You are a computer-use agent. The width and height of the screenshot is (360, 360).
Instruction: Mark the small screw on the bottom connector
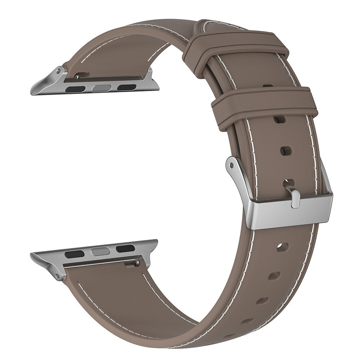[136, 264]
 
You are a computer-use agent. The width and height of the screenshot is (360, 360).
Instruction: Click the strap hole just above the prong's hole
[285, 151]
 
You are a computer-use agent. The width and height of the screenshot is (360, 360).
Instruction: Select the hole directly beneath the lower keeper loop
[278, 119]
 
